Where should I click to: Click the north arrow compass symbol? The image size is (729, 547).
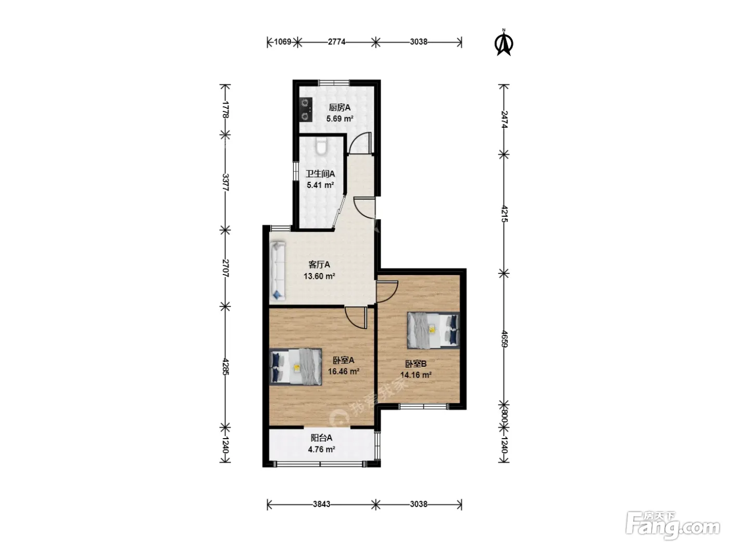[504, 43]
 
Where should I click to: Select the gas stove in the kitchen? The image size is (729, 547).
[306, 110]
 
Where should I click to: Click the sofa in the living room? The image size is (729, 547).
[278, 271]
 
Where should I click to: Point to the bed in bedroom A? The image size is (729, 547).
[296, 367]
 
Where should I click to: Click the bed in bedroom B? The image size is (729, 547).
[433, 330]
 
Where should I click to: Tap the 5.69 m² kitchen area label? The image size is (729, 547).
[340, 119]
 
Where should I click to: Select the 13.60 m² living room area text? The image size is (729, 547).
[319, 276]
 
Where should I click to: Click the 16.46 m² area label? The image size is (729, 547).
[344, 371]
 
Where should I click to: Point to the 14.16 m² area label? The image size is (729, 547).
[416, 375]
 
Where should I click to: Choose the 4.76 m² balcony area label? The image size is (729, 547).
[321, 450]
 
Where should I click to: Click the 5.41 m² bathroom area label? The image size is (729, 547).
[320, 185]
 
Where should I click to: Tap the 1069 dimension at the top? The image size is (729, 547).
[283, 42]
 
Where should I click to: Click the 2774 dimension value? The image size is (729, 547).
[337, 42]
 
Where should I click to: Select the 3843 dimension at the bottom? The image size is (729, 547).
[321, 504]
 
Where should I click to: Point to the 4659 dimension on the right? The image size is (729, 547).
[504, 339]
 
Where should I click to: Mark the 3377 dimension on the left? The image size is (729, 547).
[225, 182]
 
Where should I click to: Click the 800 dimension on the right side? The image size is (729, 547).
[504, 416]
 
